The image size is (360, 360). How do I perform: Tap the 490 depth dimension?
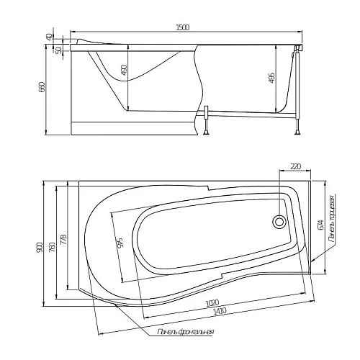tap(123, 71)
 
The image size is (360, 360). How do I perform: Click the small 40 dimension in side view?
tap(50, 37)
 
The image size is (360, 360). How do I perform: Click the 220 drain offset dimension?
tap(294, 167)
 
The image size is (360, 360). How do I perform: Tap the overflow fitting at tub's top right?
tap(297, 50)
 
